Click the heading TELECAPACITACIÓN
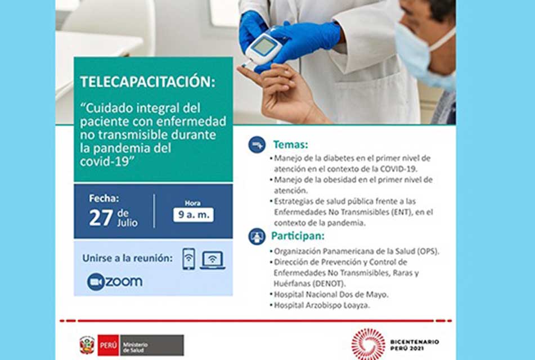click(148, 82)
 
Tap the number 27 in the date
click(101, 218)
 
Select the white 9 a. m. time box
click(194, 215)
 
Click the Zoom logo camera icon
click(96, 282)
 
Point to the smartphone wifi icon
click(188, 259)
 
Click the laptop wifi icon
click(212, 260)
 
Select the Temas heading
click(290, 145)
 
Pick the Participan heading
click(298, 236)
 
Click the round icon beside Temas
click(257, 145)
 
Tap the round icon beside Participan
click(257, 236)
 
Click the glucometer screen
click(264, 46)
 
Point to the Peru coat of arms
click(87, 345)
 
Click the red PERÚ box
click(108, 345)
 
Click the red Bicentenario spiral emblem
click(368, 344)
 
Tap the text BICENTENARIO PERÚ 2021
click(415, 345)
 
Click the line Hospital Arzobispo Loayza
click(322, 305)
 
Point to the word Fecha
click(104, 198)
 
